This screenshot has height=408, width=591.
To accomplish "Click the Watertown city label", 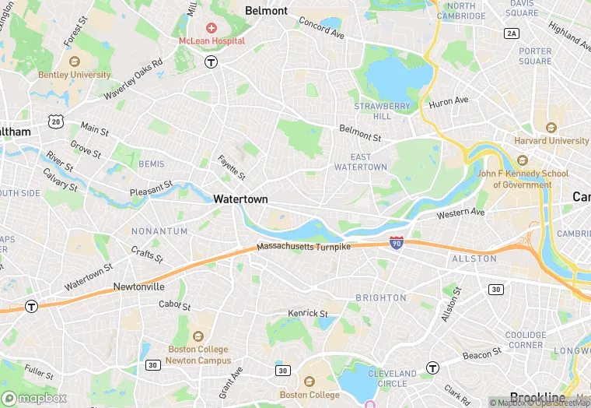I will pos(240,199).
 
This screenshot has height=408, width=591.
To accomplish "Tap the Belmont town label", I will pos(266,11).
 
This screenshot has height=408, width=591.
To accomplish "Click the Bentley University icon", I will pos(75,62).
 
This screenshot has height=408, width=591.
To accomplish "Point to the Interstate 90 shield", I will pos(397,244).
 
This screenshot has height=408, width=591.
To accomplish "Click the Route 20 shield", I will pos(54,121).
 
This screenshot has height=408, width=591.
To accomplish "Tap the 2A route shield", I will pos(511,33).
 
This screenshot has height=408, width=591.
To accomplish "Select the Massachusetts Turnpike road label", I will pos(303,247).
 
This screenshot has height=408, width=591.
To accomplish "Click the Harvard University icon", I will pos(551,128).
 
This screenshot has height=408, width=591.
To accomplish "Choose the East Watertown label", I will pos(360,161).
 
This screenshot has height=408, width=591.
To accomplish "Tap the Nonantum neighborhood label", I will pos(159,231).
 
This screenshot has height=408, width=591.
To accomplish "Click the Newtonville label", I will pos(138,287).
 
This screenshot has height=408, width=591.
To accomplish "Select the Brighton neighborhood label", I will pos(381,297).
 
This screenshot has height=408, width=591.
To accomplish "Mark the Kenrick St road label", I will pos(308,313).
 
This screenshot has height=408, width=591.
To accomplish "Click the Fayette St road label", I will pos(231,165).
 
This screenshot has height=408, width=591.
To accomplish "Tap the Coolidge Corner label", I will pos(526,340).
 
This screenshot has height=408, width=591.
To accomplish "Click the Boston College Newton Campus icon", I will pos(198,337).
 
